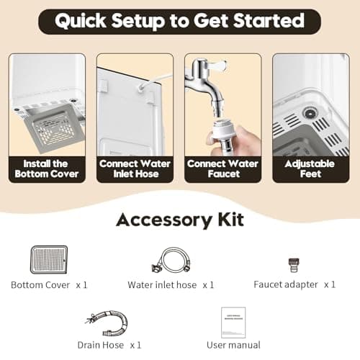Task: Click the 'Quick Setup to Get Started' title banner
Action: coord(179,21)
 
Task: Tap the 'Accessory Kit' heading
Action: coord(179,220)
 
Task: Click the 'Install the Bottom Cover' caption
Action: coord(48,168)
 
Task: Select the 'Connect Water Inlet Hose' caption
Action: coord(135,168)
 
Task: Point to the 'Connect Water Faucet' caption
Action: coord(222,168)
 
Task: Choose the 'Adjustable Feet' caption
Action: coord(311,168)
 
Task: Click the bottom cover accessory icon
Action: coord(48,260)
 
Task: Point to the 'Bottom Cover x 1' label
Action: coord(49,284)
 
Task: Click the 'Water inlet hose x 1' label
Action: coord(171,284)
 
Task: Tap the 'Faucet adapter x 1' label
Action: coord(294,284)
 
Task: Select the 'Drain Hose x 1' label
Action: coord(109,345)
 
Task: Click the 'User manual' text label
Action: coord(233,345)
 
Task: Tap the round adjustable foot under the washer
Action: coord(310,113)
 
